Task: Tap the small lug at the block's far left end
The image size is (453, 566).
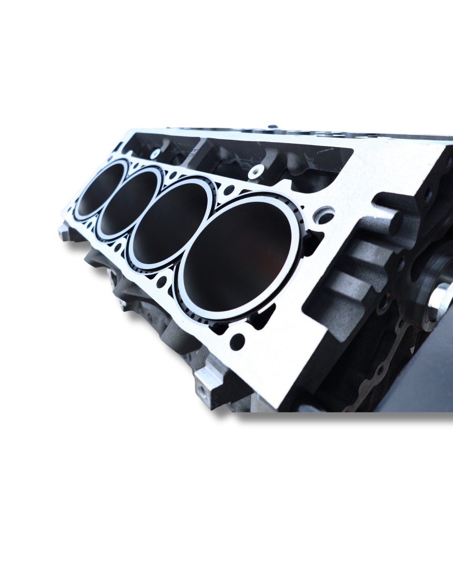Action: click(x=63, y=231)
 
